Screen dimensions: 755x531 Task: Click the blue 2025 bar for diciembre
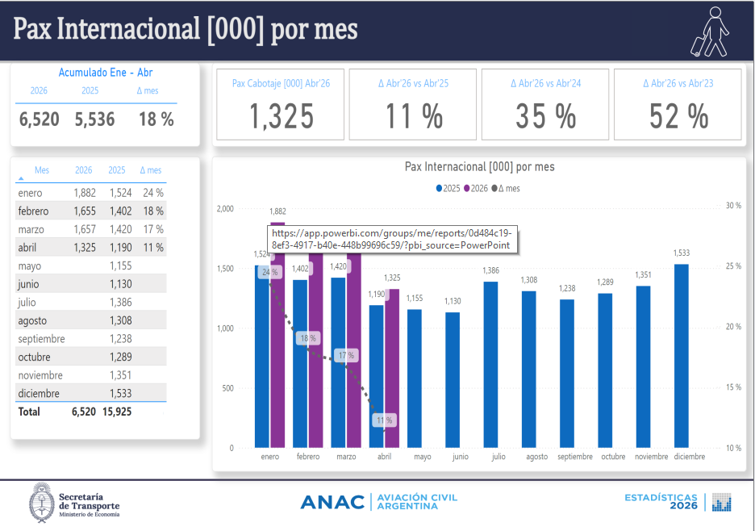pos(682,356)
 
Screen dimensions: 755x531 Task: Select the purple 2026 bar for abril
pos(392,369)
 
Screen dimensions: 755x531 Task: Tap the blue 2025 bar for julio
pos(490,365)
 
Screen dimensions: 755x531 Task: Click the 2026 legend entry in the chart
pos(476,188)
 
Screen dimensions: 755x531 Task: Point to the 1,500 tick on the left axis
pos(225,269)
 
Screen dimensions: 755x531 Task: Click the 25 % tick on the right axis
pos(733,266)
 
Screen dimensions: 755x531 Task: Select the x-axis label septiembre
pos(575,457)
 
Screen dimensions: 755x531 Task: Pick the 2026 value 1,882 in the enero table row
pos(85,193)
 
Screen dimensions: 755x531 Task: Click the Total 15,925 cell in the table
pos(117,412)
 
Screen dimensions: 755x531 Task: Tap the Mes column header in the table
pos(42,170)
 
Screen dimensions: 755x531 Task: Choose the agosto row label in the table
pos(33,321)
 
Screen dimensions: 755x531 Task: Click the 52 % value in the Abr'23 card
pos(678,116)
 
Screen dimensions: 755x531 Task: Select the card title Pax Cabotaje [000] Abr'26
pos(282,83)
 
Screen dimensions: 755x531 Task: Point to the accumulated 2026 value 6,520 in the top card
pos(39,119)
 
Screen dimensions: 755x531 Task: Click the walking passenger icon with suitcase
pos(710,31)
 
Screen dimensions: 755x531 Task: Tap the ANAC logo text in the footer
pos(332,502)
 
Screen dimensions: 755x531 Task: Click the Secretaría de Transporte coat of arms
pos(42,503)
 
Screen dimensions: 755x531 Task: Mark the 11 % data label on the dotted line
pos(384,420)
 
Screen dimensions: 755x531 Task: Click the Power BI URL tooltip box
pos(393,239)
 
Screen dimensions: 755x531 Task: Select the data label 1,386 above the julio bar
pos(490,271)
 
